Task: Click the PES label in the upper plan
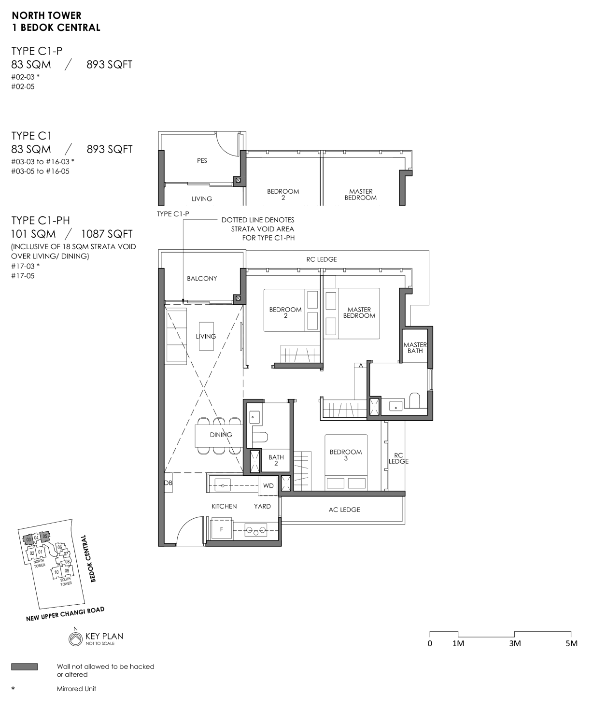202,160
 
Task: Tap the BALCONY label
202,279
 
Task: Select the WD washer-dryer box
268,485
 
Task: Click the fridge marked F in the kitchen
222,529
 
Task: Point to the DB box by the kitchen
169,483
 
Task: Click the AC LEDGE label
344,510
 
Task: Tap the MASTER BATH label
415,348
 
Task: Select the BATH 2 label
276,460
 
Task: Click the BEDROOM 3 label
346,455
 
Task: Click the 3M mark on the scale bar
515,643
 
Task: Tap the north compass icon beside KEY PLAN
75,639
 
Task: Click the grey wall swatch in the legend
25,667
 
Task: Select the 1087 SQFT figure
107,234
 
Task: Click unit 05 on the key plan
45,537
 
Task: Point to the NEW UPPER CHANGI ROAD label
65,614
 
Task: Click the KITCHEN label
224,506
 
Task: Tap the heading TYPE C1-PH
41,220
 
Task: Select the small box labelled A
360,366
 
